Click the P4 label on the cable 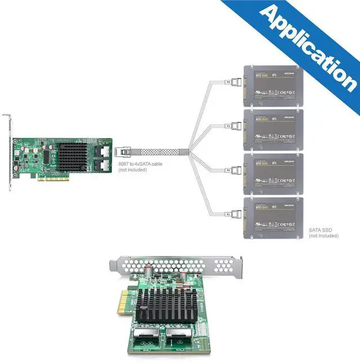click(x=228, y=83)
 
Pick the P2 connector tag click(x=228, y=170)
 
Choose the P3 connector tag click(x=228, y=126)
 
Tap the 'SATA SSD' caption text click(x=319, y=230)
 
